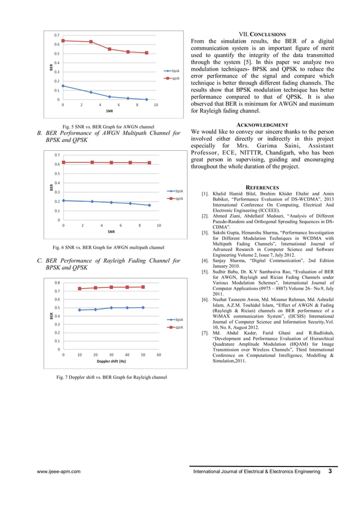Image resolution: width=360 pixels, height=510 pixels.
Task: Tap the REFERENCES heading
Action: point(262,188)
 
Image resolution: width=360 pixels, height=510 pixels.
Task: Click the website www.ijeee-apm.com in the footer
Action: point(59,472)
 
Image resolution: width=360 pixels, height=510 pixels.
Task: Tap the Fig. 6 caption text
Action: point(108,247)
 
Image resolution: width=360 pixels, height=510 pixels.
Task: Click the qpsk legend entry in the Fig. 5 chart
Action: point(175,78)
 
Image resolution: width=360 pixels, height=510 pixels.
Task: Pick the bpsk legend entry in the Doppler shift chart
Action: point(179,320)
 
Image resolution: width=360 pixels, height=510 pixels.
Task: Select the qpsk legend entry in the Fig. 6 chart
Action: point(178,198)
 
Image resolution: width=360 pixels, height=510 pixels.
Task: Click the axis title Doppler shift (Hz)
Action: point(111,361)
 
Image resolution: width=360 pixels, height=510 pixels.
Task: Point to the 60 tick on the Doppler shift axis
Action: point(159,355)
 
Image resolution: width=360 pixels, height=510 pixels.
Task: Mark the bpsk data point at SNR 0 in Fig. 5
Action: point(63,86)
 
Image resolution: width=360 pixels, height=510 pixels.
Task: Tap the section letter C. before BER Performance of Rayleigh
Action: point(39,261)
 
